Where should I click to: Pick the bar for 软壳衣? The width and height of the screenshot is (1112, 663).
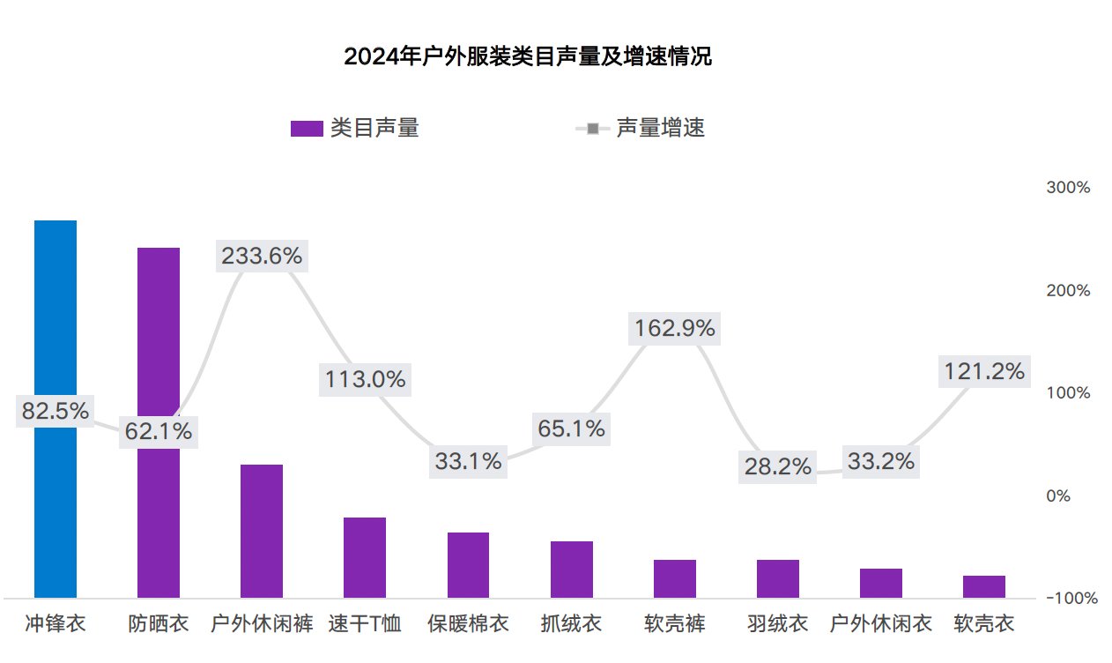pyautogui.click(x=984, y=587)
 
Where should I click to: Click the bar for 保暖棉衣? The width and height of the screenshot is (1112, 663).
pyautogui.click(x=468, y=565)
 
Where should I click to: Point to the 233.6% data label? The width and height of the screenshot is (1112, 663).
pyautogui.click(x=262, y=256)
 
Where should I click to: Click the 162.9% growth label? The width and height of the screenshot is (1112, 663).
pyautogui.click(x=675, y=329)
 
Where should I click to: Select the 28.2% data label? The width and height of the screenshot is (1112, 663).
pyautogui.click(x=777, y=466)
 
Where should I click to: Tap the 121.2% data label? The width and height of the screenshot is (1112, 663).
pyautogui.click(x=984, y=371)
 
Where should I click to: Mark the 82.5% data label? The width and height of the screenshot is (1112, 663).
pyautogui.click(x=56, y=411)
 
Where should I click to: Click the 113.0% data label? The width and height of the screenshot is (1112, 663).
pyautogui.click(x=365, y=379)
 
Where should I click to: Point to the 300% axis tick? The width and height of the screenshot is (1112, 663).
pyautogui.click(x=1068, y=188)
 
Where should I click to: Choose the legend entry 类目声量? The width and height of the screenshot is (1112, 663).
pyautogui.click(x=355, y=128)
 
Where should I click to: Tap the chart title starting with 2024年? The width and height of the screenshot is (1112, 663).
pyautogui.click(x=528, y=57)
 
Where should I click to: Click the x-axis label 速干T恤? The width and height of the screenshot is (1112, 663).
pyautogui.click(x=365, y=624)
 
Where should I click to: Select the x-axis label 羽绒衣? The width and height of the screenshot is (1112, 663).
pyautogui.click(x=777, y=624)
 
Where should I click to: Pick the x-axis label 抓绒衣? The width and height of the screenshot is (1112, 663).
pyautogui.click(x=571, y=624)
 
